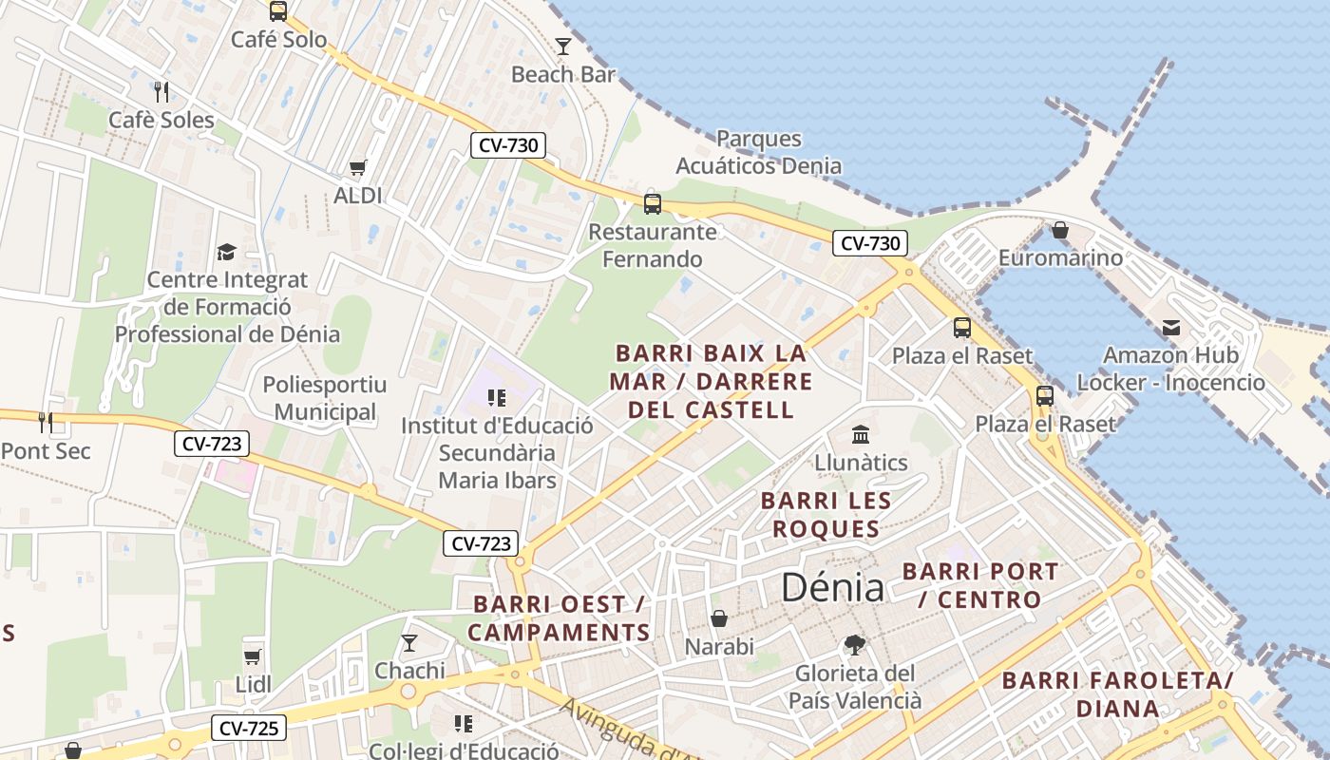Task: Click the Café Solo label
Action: click(x=278, y=40)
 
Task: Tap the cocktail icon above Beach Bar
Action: click(x=563, y=46)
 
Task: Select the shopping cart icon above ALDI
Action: click(x=357, y=168)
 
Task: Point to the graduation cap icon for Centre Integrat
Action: click(x=226, y=252)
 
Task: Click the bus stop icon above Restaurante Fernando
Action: click(x=652, y=202)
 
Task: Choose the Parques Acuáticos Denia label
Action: click(x=758, y=152)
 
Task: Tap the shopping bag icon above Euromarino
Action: click(x=1060, y=230)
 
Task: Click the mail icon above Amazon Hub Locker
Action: click(x=1170, y=328)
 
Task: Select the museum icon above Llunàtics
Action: click(x=861, y=435)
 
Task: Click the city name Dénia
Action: click(x=832, y=587)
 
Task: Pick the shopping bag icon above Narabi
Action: click(x=719, y=618)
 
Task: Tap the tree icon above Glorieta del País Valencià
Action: click(x=855, y=645)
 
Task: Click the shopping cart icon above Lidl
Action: click(x=253, y=656)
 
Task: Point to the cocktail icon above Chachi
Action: click(x=409, y=643)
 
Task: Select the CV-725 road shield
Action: click(x=247, y=729)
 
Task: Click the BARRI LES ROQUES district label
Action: click(x=826, y=514)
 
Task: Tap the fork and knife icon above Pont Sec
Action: click(x=46, y=421)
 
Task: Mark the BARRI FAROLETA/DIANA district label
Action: click(x=1117, y=694)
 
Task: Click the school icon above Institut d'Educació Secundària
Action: click(x=496, y=397)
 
